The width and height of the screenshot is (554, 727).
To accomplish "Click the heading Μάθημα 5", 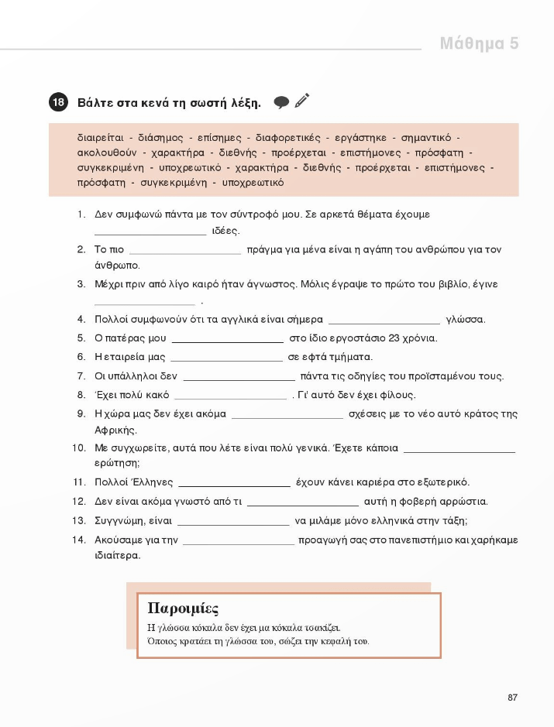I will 479,43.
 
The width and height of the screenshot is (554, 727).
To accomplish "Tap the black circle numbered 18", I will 58,102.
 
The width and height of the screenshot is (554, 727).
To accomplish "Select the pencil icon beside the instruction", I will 302,101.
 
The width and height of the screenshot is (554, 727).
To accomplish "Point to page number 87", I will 512,698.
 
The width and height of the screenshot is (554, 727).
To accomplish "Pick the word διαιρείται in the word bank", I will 100,138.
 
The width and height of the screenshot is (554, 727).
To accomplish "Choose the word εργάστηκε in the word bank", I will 360,138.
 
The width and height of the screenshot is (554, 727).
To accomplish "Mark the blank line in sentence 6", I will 226,358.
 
